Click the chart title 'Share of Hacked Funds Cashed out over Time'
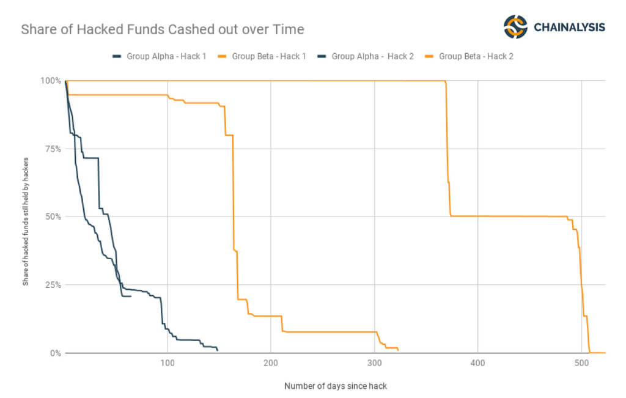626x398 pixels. point(162,29)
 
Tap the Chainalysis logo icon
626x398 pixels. point(515,27)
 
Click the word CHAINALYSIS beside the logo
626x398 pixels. point(569,28)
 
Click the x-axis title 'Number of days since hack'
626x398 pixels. point(335,386)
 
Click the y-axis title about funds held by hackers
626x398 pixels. point(26,217)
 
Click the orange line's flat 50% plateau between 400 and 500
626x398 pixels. point(507,216)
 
